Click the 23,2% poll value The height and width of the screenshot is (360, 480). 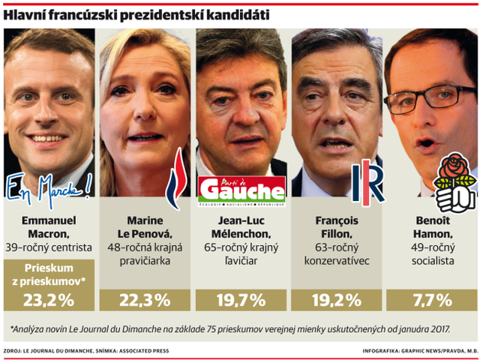tap(49, 300)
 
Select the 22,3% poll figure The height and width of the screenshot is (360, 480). tap(145, 300)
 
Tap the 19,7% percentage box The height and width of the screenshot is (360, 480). tap(241, 300)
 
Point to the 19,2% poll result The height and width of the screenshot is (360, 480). tap(337, 300)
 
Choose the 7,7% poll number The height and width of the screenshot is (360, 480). tap(433, 300)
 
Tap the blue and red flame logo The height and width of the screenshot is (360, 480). tap(177, 178)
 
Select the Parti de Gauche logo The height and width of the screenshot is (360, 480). tap(241, 191)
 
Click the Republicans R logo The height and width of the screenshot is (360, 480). tap(368, 183)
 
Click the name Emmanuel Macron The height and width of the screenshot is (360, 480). tap(49, 227)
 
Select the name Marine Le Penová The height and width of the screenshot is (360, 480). tap(145, 227)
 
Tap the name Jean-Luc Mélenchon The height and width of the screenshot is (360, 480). tap(241, 227)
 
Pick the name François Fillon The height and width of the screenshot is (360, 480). tap(337, 227)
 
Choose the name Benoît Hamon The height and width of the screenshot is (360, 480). tap(433, 227)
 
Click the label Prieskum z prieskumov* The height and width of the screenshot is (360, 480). tap(49, 274)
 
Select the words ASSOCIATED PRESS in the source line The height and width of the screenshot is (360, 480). tap(144, 351)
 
